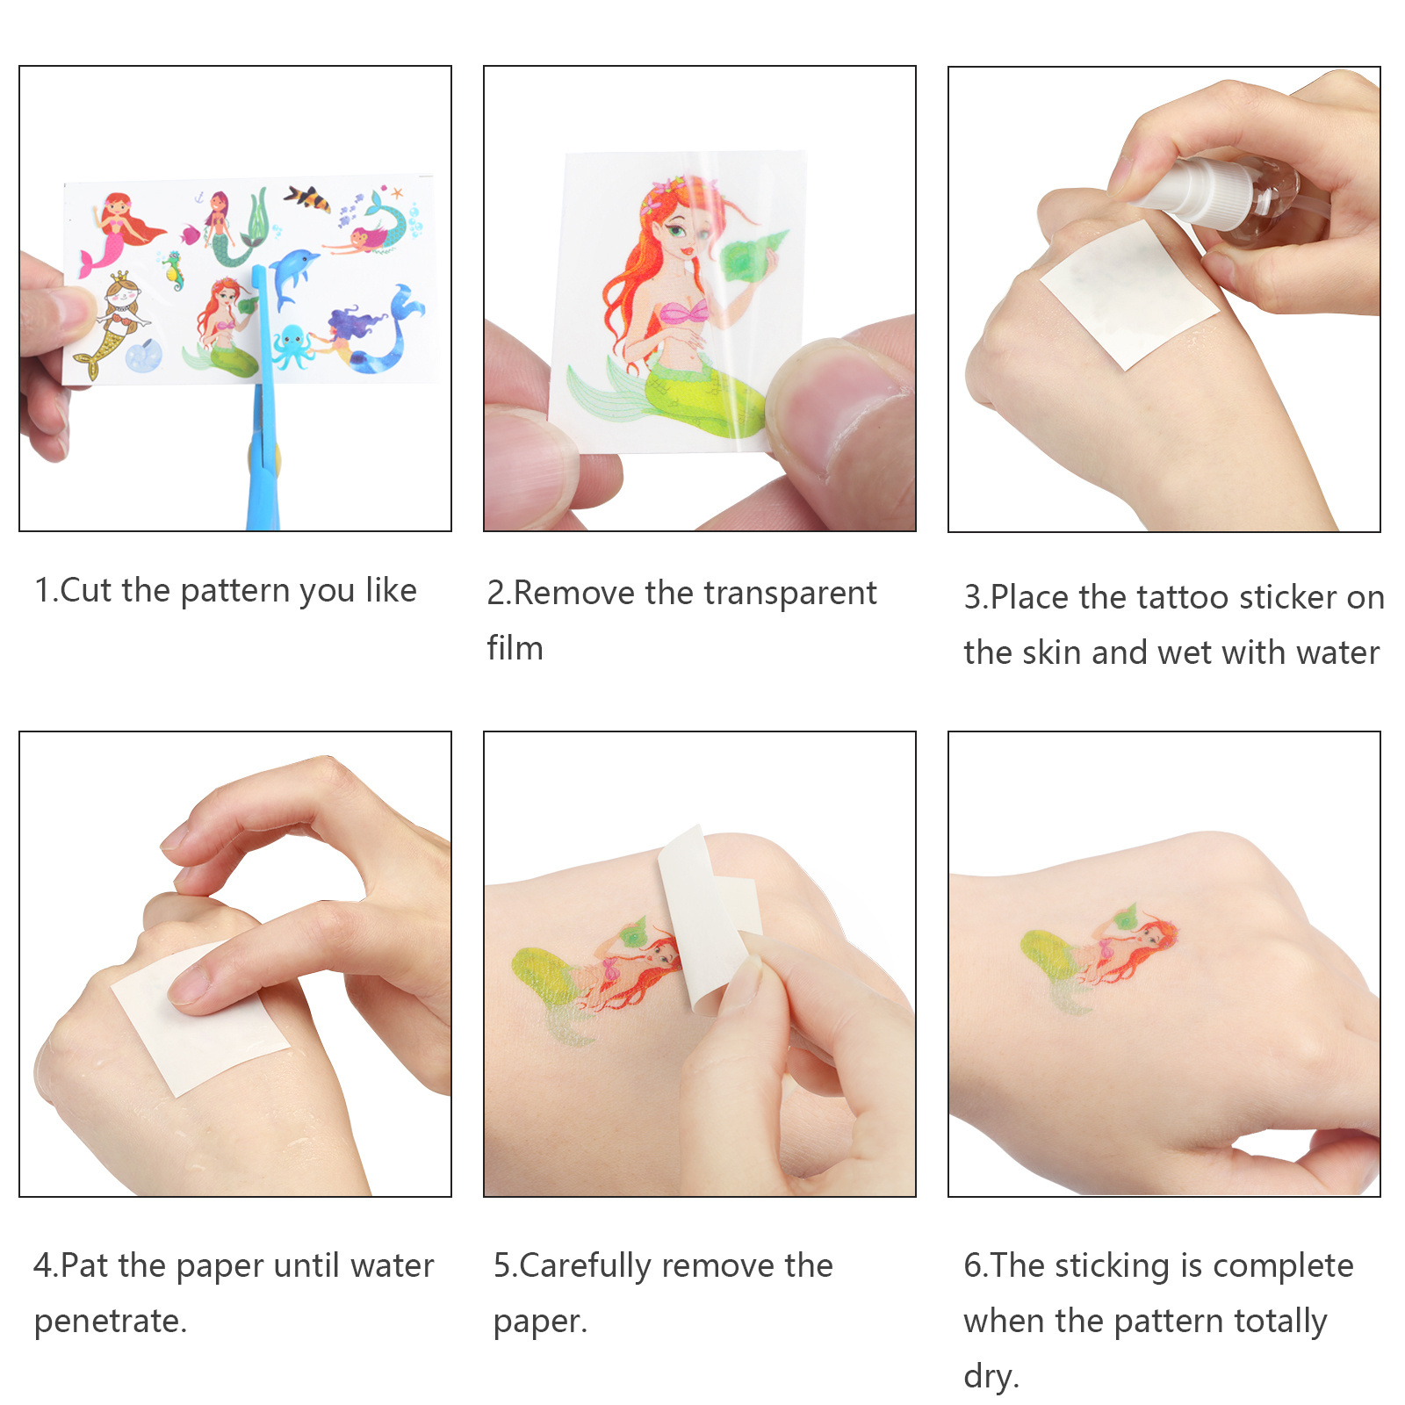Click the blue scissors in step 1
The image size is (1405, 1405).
point(263,421)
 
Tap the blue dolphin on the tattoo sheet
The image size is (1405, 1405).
point(292,273)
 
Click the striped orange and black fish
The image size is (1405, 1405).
point(307,198)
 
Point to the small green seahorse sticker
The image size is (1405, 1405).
point(174,270)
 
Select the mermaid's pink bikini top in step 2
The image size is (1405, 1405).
point(683,312)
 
